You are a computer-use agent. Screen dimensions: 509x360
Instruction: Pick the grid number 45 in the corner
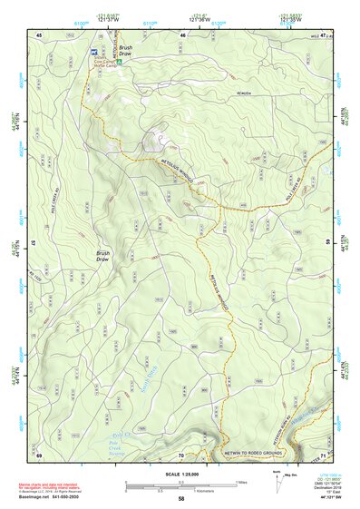click(x=39, y=34)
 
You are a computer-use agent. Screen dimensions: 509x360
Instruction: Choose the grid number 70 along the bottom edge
click(x=181, y=453)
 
